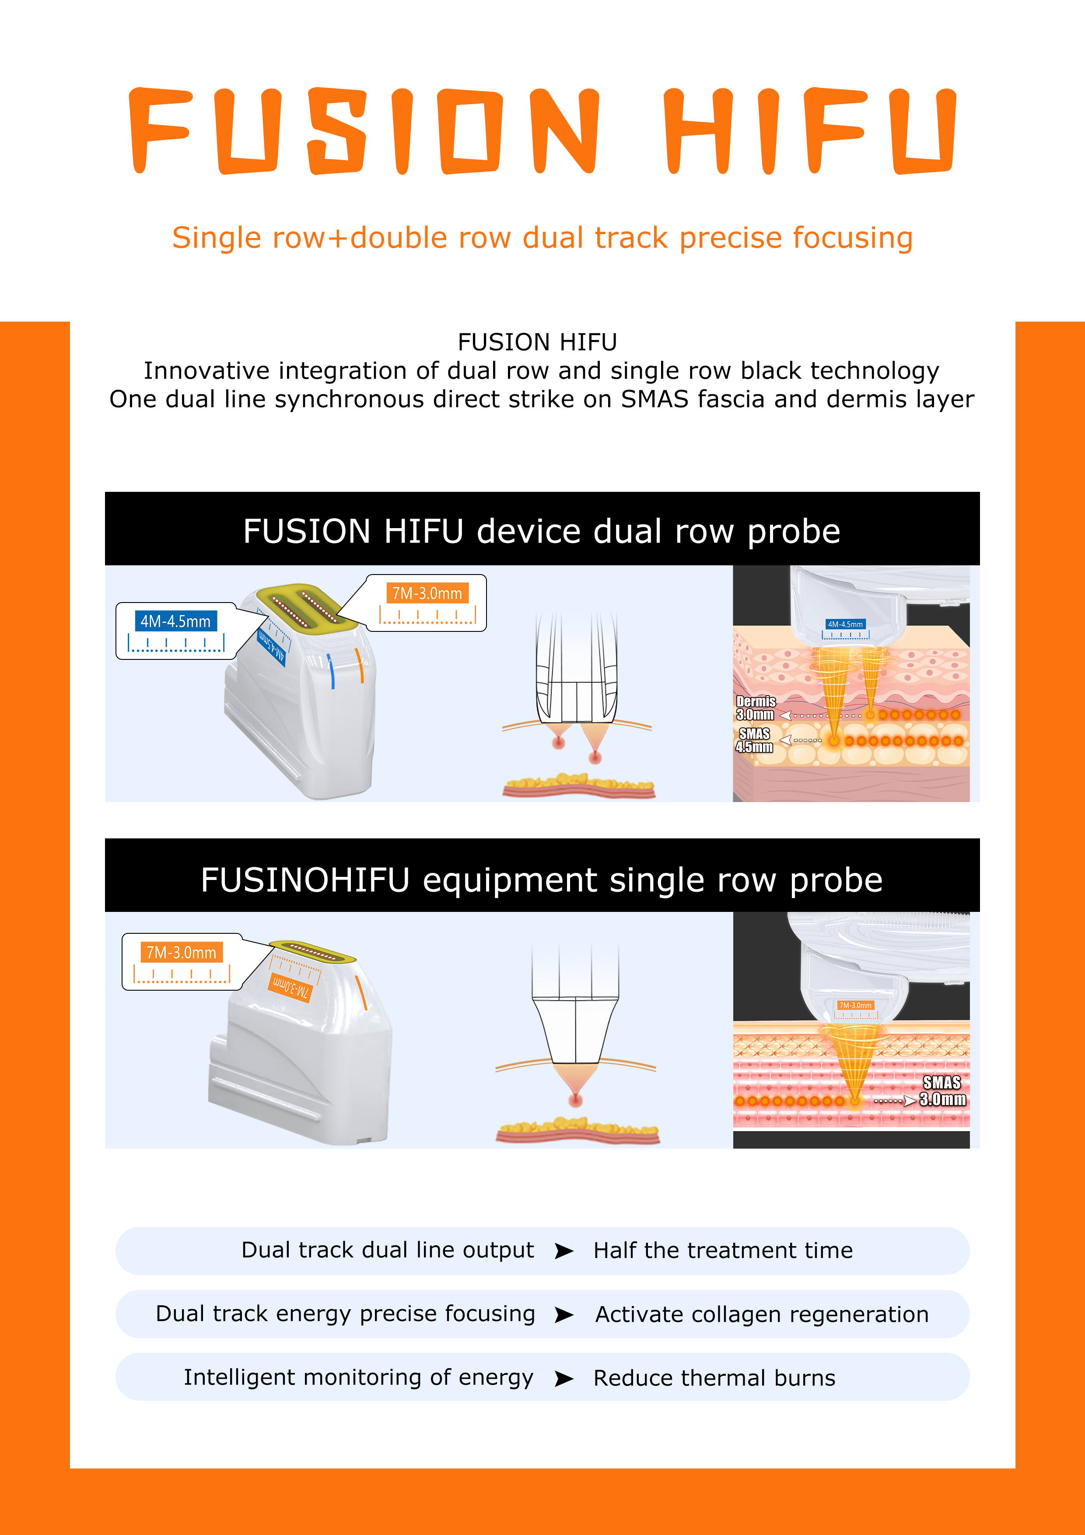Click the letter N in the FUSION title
[563, 130]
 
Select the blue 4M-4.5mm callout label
[175, 621]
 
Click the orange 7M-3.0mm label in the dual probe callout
[427, 593]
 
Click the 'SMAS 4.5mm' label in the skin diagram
[754, 740]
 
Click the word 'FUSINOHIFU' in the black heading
[305, 880]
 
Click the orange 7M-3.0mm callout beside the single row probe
[181, 952]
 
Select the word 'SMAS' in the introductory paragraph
[654, 399]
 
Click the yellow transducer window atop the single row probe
[311, 953]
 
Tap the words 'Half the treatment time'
[723, 1250]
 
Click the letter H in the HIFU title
[697, 130]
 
